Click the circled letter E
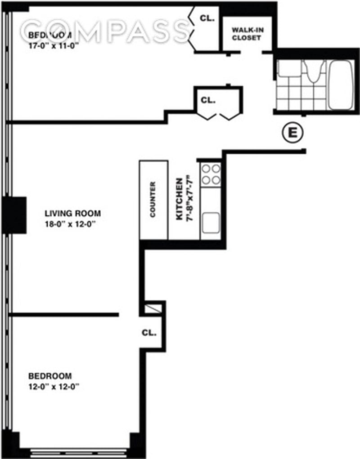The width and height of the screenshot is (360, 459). click(292, 133)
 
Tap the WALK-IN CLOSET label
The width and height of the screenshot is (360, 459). click(246, 34)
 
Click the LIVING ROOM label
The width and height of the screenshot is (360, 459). click(72, 214)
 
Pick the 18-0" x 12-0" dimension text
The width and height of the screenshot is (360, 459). click(73, 224)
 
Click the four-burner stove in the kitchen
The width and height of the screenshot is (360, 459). click(211, 174)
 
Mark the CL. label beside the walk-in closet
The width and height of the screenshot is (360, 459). click(207, 19)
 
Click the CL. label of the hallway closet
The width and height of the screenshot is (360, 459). click(208, 100)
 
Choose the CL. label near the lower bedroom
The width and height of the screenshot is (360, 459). click(149, 333)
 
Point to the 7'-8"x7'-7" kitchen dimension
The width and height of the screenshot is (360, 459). click(190, 198)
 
